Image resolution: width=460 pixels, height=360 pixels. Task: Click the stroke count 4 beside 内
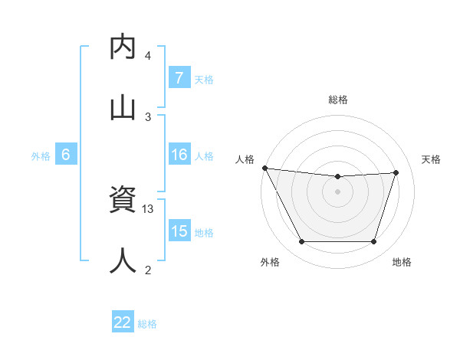pos(148,56)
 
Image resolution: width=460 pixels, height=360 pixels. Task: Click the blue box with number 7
pos(179,78)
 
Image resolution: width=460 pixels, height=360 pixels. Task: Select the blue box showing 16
pos(179,155)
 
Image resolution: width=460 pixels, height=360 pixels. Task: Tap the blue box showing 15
pos(179,231)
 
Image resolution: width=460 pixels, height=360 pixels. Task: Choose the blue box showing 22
pos(123,322)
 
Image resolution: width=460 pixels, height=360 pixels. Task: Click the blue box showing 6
pos(66,155)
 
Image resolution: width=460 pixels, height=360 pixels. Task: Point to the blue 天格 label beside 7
pos(204,79)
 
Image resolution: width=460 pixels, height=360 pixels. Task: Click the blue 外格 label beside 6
pos(41,155)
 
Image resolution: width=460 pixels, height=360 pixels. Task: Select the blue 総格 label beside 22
pos(147,323)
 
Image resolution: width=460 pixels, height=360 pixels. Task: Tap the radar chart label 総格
pos(338,100)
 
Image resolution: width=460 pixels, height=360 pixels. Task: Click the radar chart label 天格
pos(432,159)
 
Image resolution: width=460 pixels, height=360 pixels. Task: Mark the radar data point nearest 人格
pos(264,168)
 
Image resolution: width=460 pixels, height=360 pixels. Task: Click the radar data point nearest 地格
pos(374,242)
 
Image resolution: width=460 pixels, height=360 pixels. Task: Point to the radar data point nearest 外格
pos(301,242)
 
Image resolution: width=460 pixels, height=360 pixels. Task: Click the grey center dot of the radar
pos(337,191)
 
